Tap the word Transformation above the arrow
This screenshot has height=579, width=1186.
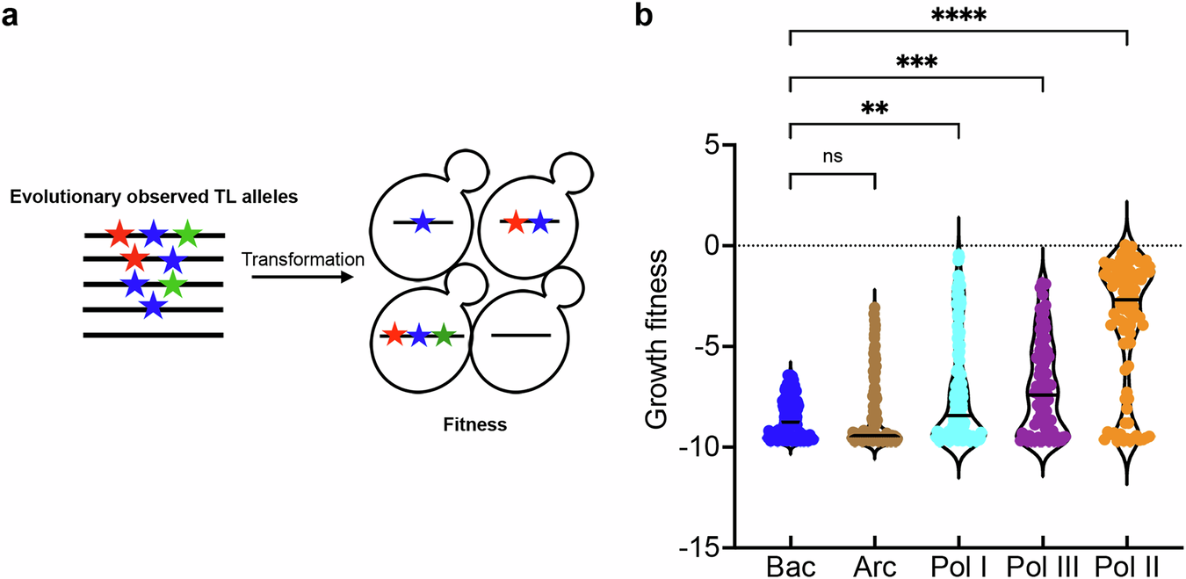302,260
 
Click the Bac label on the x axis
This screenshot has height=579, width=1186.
790,568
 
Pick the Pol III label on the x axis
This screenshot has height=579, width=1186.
1042,568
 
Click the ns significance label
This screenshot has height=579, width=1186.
832,159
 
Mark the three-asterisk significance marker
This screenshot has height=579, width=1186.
916,64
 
